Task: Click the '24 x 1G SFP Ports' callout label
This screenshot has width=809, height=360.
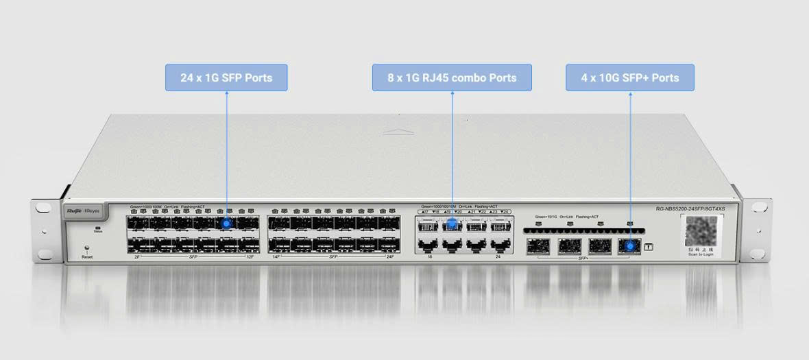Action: click(x=226, y=77)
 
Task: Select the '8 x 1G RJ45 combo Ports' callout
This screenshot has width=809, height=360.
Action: click(x=452, y=77)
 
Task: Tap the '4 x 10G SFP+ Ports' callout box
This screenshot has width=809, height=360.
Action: click(x=630, y=77)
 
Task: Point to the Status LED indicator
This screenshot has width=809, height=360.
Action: click(x=98, y=228)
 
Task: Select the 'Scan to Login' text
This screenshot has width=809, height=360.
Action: click(x=701, y=254)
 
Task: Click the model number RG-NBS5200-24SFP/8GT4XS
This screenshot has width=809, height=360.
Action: click(x=690, y=208)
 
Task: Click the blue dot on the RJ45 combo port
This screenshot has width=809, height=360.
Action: click(x=452, y=224)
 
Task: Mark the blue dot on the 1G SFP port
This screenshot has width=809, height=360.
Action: click(x=226, y=223)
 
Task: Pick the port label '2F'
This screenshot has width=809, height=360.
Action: click(x=137, y=256)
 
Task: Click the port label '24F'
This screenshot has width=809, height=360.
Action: click(x=390, y=256)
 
